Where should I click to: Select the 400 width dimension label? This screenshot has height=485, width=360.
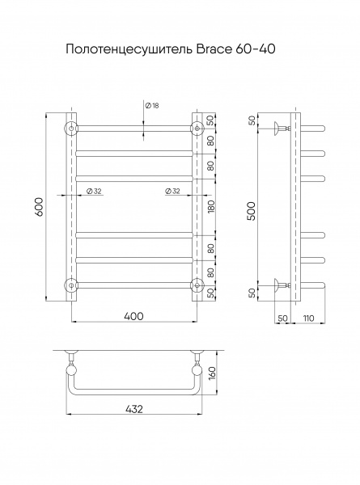tap(133, 316)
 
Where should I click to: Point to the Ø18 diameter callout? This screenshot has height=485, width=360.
tap(152, 105)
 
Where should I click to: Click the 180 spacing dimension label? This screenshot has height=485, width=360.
tap(211, 207)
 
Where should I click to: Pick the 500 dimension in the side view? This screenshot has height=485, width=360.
tap(252, 211)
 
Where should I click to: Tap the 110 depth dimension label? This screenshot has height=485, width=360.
tap(308, 318)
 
